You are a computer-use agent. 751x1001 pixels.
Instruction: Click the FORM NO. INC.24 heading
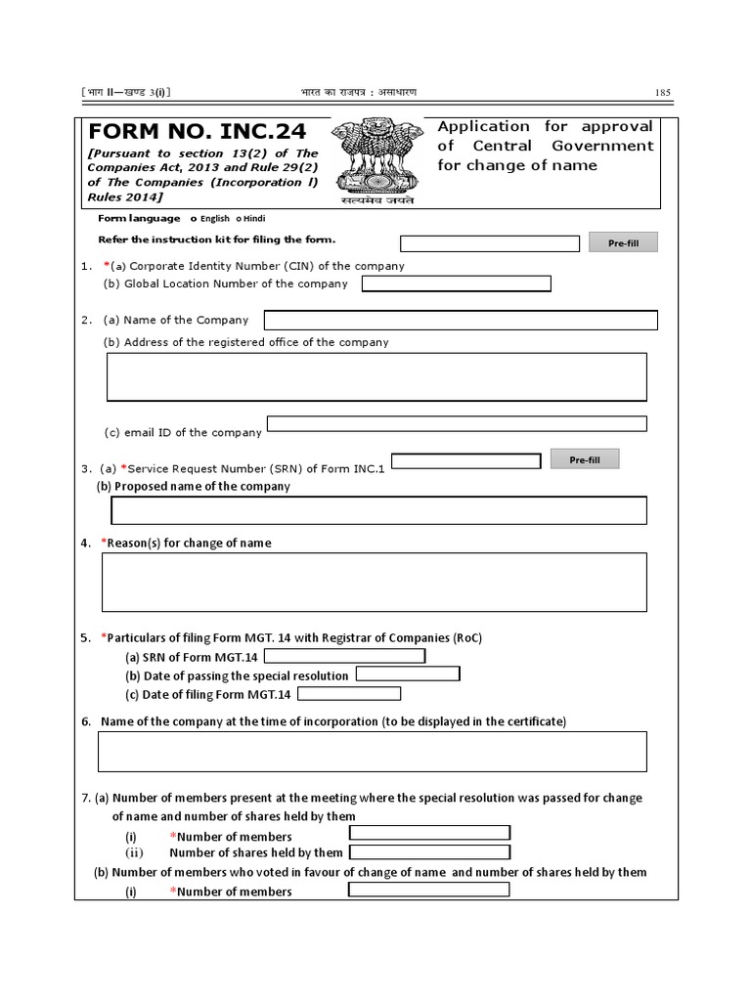click(197, 131)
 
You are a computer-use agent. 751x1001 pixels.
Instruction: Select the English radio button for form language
click(193, 219)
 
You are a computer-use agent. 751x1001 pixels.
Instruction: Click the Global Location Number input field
click(456, 283)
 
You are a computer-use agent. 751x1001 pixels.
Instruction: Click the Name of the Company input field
click(461, 320)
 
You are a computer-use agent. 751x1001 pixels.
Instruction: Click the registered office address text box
click(376, 376)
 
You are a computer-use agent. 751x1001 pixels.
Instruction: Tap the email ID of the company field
click(457, 424)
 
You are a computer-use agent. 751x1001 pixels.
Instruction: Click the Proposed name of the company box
click(378, 510)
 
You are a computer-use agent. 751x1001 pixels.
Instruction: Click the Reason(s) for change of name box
click(374, 582)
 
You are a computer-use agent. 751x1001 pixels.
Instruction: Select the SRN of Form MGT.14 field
click(344, 656)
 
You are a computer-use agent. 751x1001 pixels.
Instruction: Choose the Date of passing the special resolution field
click(408, 675)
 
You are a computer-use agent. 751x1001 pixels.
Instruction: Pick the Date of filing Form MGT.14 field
click(349, 694)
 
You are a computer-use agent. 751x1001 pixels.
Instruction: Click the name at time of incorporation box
click(372, 751)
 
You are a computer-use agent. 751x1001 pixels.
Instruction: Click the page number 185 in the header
click(662, 93)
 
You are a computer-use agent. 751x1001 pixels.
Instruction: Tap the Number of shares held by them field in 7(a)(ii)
click(429, 852)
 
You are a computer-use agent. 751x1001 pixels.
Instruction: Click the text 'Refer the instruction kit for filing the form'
click(217, 239)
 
